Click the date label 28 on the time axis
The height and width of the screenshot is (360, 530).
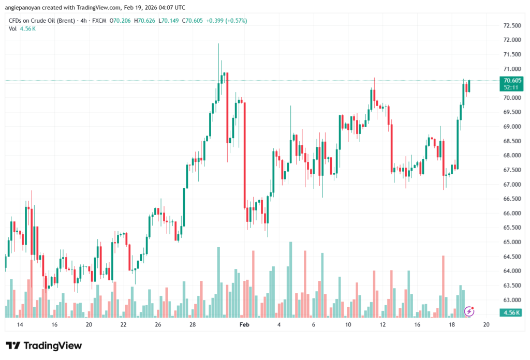coord(193,324)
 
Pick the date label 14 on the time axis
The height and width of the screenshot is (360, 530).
coord(20,324)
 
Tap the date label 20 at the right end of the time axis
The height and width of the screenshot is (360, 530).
coord(486,324)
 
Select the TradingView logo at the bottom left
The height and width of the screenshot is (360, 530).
coord(43,346)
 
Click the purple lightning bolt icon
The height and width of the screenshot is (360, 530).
coord(469,311)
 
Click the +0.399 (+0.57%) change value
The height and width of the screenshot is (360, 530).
coord(227,21)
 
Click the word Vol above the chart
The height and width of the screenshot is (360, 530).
coord(13,28)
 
